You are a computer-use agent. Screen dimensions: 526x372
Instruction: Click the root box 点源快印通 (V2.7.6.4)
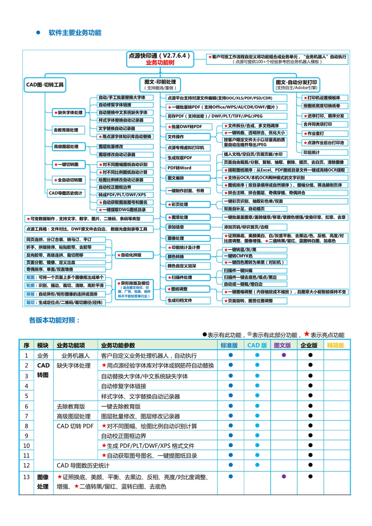160,59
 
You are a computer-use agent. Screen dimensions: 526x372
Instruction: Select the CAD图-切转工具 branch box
45,85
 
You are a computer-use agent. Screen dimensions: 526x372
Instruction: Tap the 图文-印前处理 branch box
160,84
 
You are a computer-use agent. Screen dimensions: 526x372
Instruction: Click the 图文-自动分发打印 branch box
296,84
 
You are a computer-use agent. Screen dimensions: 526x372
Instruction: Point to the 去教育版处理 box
68,130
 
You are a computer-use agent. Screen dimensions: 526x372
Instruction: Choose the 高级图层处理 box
68,147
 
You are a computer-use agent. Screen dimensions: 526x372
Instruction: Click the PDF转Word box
188,168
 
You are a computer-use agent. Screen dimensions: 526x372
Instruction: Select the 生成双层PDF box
188,158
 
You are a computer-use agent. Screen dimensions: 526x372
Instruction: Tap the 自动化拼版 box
134,255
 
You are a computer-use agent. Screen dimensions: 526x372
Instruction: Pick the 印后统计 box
325,153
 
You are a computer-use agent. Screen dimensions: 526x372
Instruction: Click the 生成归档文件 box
188,300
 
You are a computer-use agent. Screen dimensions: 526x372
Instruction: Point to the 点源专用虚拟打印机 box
188,148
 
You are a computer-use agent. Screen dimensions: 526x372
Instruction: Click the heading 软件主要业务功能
75,33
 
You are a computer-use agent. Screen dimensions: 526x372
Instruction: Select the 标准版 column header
229,345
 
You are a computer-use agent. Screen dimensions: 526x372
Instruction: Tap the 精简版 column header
335,345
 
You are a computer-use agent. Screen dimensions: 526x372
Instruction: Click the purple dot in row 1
284,355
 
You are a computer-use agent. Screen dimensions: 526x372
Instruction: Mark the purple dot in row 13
284,476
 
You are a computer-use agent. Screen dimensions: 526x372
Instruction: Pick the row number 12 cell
26,466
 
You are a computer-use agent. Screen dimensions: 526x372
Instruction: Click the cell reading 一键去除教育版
121,406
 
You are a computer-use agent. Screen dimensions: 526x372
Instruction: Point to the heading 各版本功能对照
54,320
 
